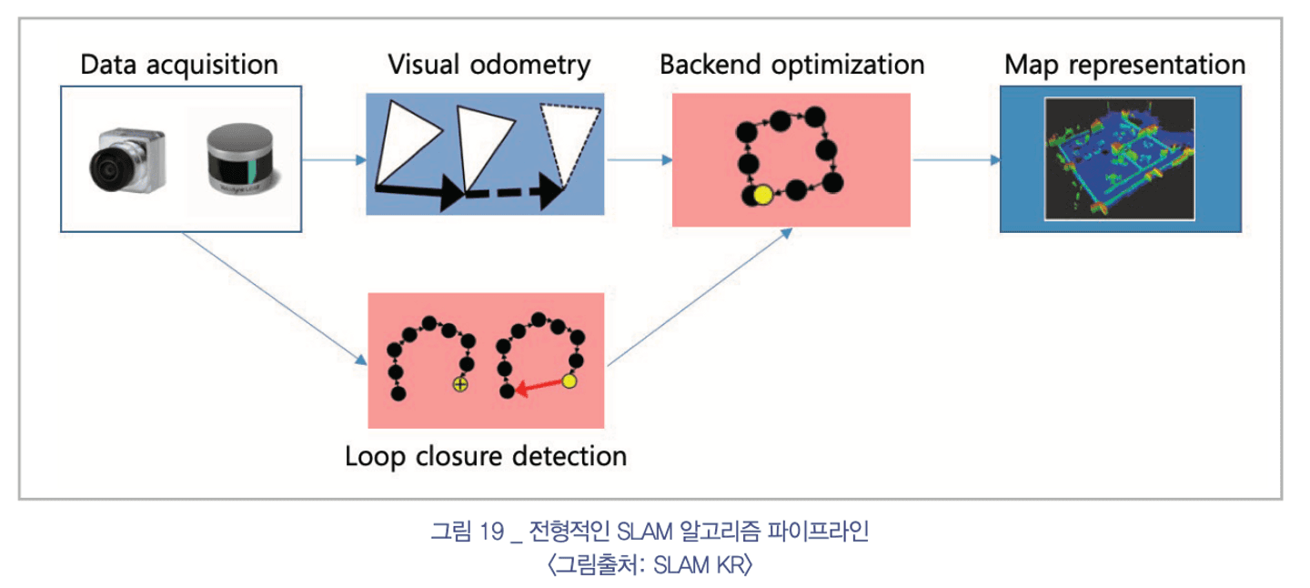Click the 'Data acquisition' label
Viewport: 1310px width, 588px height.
coord(179,65)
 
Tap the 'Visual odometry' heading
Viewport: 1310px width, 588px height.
coord(489,65)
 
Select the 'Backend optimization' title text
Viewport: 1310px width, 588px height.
coord(791,65)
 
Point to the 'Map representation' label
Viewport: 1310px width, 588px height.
coord(1124,65)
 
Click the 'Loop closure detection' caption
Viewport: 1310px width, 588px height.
coord(486,456)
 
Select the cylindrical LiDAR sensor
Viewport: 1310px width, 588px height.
coord(241,158)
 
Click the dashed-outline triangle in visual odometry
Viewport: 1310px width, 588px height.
coord(569,143)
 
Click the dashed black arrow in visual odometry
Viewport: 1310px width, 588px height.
coord(515,192)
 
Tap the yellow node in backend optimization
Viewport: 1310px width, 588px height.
coord(762,195)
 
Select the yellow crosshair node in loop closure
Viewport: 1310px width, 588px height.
coord(460,384)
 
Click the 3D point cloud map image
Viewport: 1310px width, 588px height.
coord(1119,159)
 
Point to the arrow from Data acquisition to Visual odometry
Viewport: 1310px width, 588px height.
coord(334,159)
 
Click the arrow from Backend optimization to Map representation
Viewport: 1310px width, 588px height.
coord(956,159)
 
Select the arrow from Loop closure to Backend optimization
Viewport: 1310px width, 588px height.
coord(700,298)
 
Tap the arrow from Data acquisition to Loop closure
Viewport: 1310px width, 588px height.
coord(275,299)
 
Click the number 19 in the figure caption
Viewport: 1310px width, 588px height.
coord(491,532)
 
